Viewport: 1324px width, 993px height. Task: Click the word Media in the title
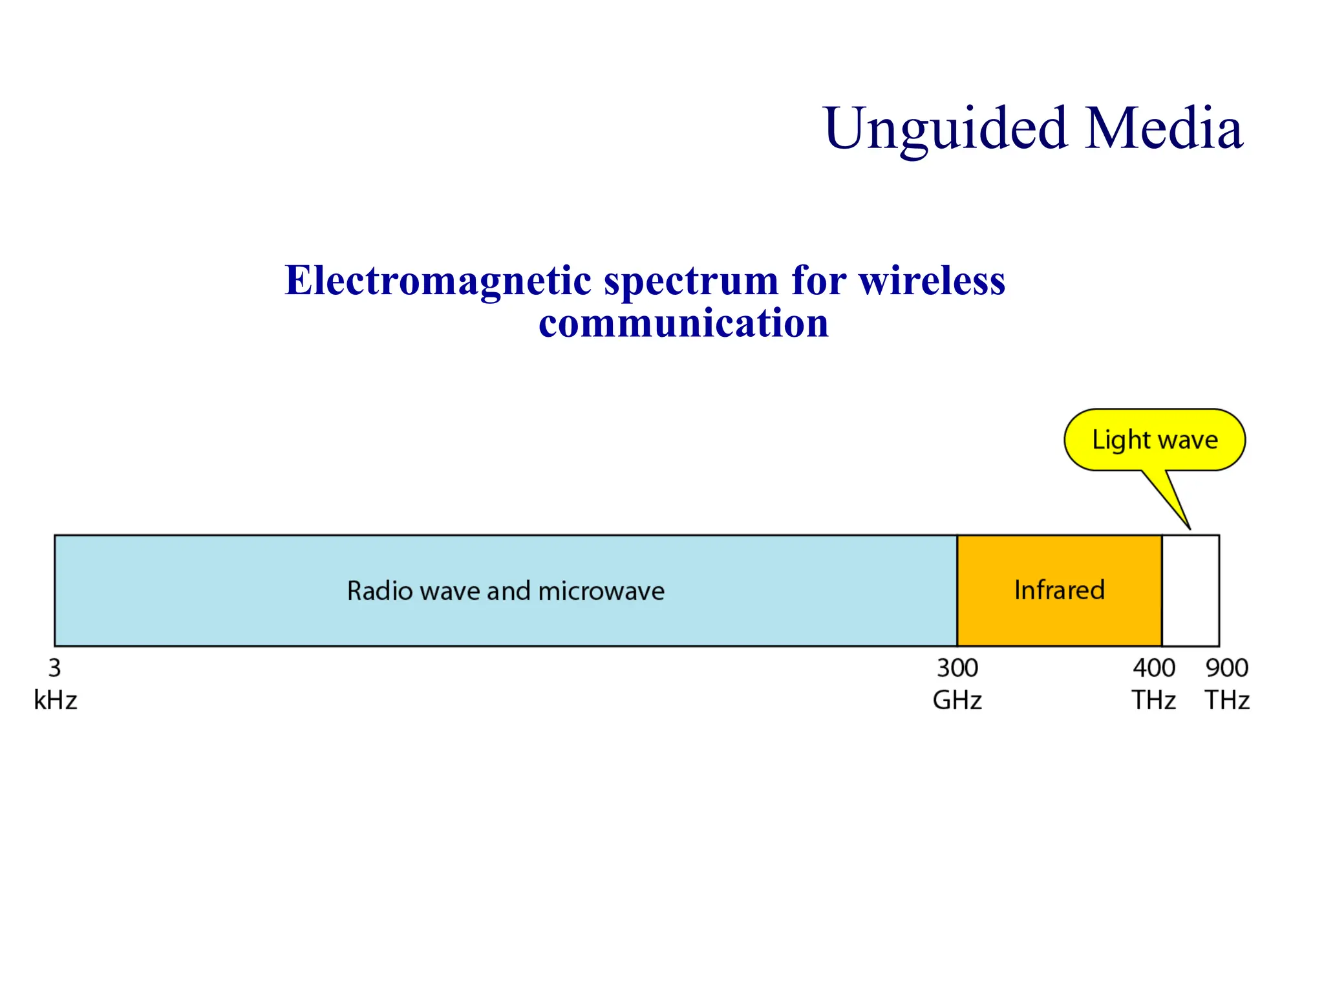coord(1164,129)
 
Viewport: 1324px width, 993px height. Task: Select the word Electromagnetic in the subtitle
coord(438,281)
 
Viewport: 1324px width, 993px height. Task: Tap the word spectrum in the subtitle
coord(690,281)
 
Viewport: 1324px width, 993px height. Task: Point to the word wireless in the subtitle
coord(932,281)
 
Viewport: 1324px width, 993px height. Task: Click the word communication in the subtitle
coord(683,323)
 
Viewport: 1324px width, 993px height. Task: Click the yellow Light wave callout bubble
coord(1155,440)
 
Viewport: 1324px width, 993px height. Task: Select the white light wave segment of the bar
coord(1191,590)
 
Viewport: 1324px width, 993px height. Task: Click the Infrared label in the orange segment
coord(1060,590)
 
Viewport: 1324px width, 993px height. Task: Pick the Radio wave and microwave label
coord(506,591)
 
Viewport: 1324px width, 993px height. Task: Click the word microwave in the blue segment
coord(601,591)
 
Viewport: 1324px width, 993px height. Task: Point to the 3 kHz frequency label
coord(56,684)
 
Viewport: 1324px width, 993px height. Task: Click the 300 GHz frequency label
coord(957,684)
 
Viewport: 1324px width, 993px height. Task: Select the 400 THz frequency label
coord(1154,684)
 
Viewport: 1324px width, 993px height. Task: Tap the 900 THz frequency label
coord(1227,684)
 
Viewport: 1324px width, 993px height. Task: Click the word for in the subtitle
coord(818,281)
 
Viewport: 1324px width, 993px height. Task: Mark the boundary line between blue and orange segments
coord(957,590)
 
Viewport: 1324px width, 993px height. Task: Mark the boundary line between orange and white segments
coord(1162,590)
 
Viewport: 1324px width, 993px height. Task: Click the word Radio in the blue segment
coord(379,591)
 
